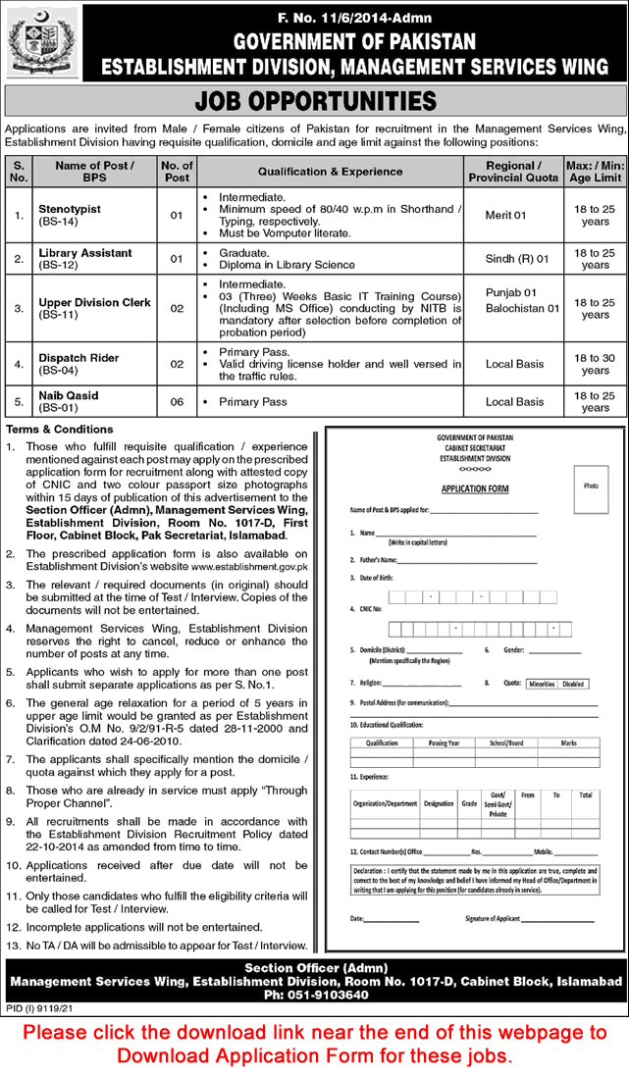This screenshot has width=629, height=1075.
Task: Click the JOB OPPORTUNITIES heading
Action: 315,101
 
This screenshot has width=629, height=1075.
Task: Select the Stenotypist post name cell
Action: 70,215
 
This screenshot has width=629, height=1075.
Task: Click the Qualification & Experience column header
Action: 330,172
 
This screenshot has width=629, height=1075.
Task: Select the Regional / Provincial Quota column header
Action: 513,172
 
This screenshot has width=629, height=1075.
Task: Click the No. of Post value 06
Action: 177,401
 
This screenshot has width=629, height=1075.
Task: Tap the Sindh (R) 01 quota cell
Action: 513,259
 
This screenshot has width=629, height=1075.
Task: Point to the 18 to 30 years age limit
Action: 595,364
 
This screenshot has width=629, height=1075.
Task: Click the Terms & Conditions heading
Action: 60,430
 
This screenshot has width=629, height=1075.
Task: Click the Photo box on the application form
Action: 590,486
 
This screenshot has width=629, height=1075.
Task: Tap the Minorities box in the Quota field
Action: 541,685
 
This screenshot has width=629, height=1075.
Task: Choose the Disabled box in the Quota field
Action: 573,685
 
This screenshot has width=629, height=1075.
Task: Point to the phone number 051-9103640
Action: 319,995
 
